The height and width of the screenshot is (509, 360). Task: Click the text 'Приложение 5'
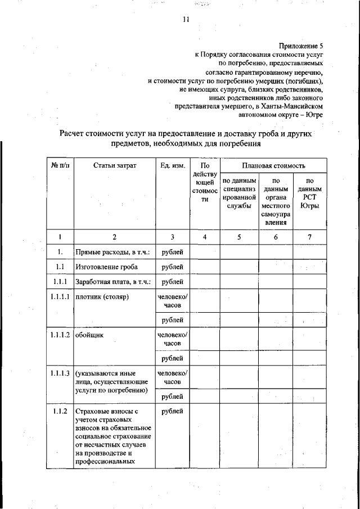pos(301,46)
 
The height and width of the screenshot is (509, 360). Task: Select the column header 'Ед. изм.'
pos(172,166)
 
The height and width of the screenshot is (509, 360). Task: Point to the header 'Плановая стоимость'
pos(273,166)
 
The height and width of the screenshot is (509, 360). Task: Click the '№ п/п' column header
pos(60,166)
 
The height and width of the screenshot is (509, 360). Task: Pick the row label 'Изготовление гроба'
pos(107,266)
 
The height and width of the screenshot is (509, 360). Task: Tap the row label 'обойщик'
pos(88,335)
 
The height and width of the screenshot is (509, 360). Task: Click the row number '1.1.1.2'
pos(60,335)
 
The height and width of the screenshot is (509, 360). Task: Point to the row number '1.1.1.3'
pos(60,373)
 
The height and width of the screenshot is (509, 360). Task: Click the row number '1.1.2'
pos(60,412)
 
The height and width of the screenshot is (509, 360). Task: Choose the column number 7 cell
pos(309,237)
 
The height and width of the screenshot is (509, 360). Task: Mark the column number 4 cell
pos(205,237)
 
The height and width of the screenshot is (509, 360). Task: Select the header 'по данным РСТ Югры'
pos(309,197)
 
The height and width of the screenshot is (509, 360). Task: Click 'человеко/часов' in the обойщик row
pos(172,339)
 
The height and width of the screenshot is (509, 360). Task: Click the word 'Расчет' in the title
pos(75,133)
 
